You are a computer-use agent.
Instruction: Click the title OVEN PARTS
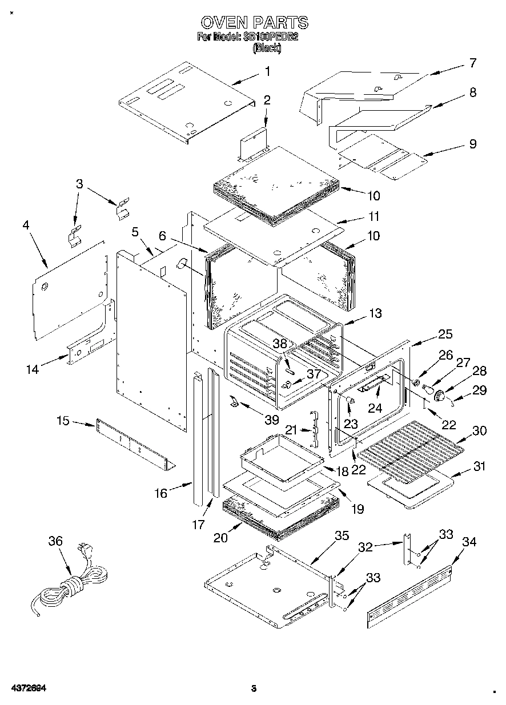(x=254, y=22)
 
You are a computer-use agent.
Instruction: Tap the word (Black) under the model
(x=267, y=49)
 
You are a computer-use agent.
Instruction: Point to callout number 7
(x=472, y=63)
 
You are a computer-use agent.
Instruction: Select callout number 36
(x=55, y=541)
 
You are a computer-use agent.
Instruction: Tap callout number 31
(x=479, y=466)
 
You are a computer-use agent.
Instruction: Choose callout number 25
(x=445, y=334)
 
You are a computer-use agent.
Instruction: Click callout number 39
(x=271, y=420)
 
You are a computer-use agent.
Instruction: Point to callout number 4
(x=26, y=225)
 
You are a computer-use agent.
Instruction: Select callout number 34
(x=468, y=541)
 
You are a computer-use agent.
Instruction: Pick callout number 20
(x=220, y=537)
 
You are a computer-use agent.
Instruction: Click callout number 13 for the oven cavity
(x=375, y=313)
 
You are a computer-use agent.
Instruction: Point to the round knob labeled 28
(x=440, y=395)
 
